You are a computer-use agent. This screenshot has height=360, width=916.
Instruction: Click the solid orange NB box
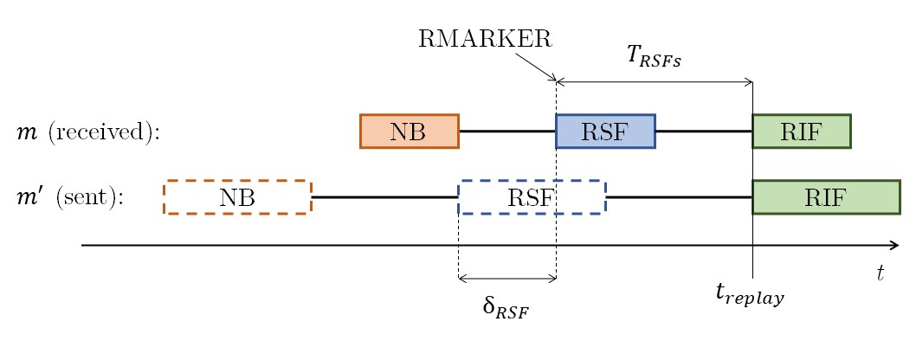[409, 132]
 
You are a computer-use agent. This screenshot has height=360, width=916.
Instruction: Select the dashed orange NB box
[237, 197]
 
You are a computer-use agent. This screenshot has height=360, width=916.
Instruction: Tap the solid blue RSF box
[605, 132]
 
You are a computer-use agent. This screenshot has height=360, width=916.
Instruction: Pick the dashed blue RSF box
[531, 197]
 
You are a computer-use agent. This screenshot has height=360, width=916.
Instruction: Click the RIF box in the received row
[801, 132]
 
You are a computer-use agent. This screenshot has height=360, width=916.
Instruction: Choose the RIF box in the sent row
[826, 197]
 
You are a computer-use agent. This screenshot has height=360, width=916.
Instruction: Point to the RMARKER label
[485, 39]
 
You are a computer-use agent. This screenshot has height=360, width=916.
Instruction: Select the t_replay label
[750, 295]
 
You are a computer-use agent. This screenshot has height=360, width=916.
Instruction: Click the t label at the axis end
[880, 273]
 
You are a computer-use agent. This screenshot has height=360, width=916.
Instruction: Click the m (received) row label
[88, 132]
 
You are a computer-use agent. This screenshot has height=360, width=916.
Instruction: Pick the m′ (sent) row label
[71, 197]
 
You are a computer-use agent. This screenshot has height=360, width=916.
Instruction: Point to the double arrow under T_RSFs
[654, 82]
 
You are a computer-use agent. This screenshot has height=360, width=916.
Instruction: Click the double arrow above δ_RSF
[506, 279]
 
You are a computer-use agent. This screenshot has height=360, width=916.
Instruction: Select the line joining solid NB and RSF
[506, 132]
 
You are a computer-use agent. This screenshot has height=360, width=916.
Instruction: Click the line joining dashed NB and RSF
[384, 197]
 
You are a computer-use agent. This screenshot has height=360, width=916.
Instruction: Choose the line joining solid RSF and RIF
[703, 132]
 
